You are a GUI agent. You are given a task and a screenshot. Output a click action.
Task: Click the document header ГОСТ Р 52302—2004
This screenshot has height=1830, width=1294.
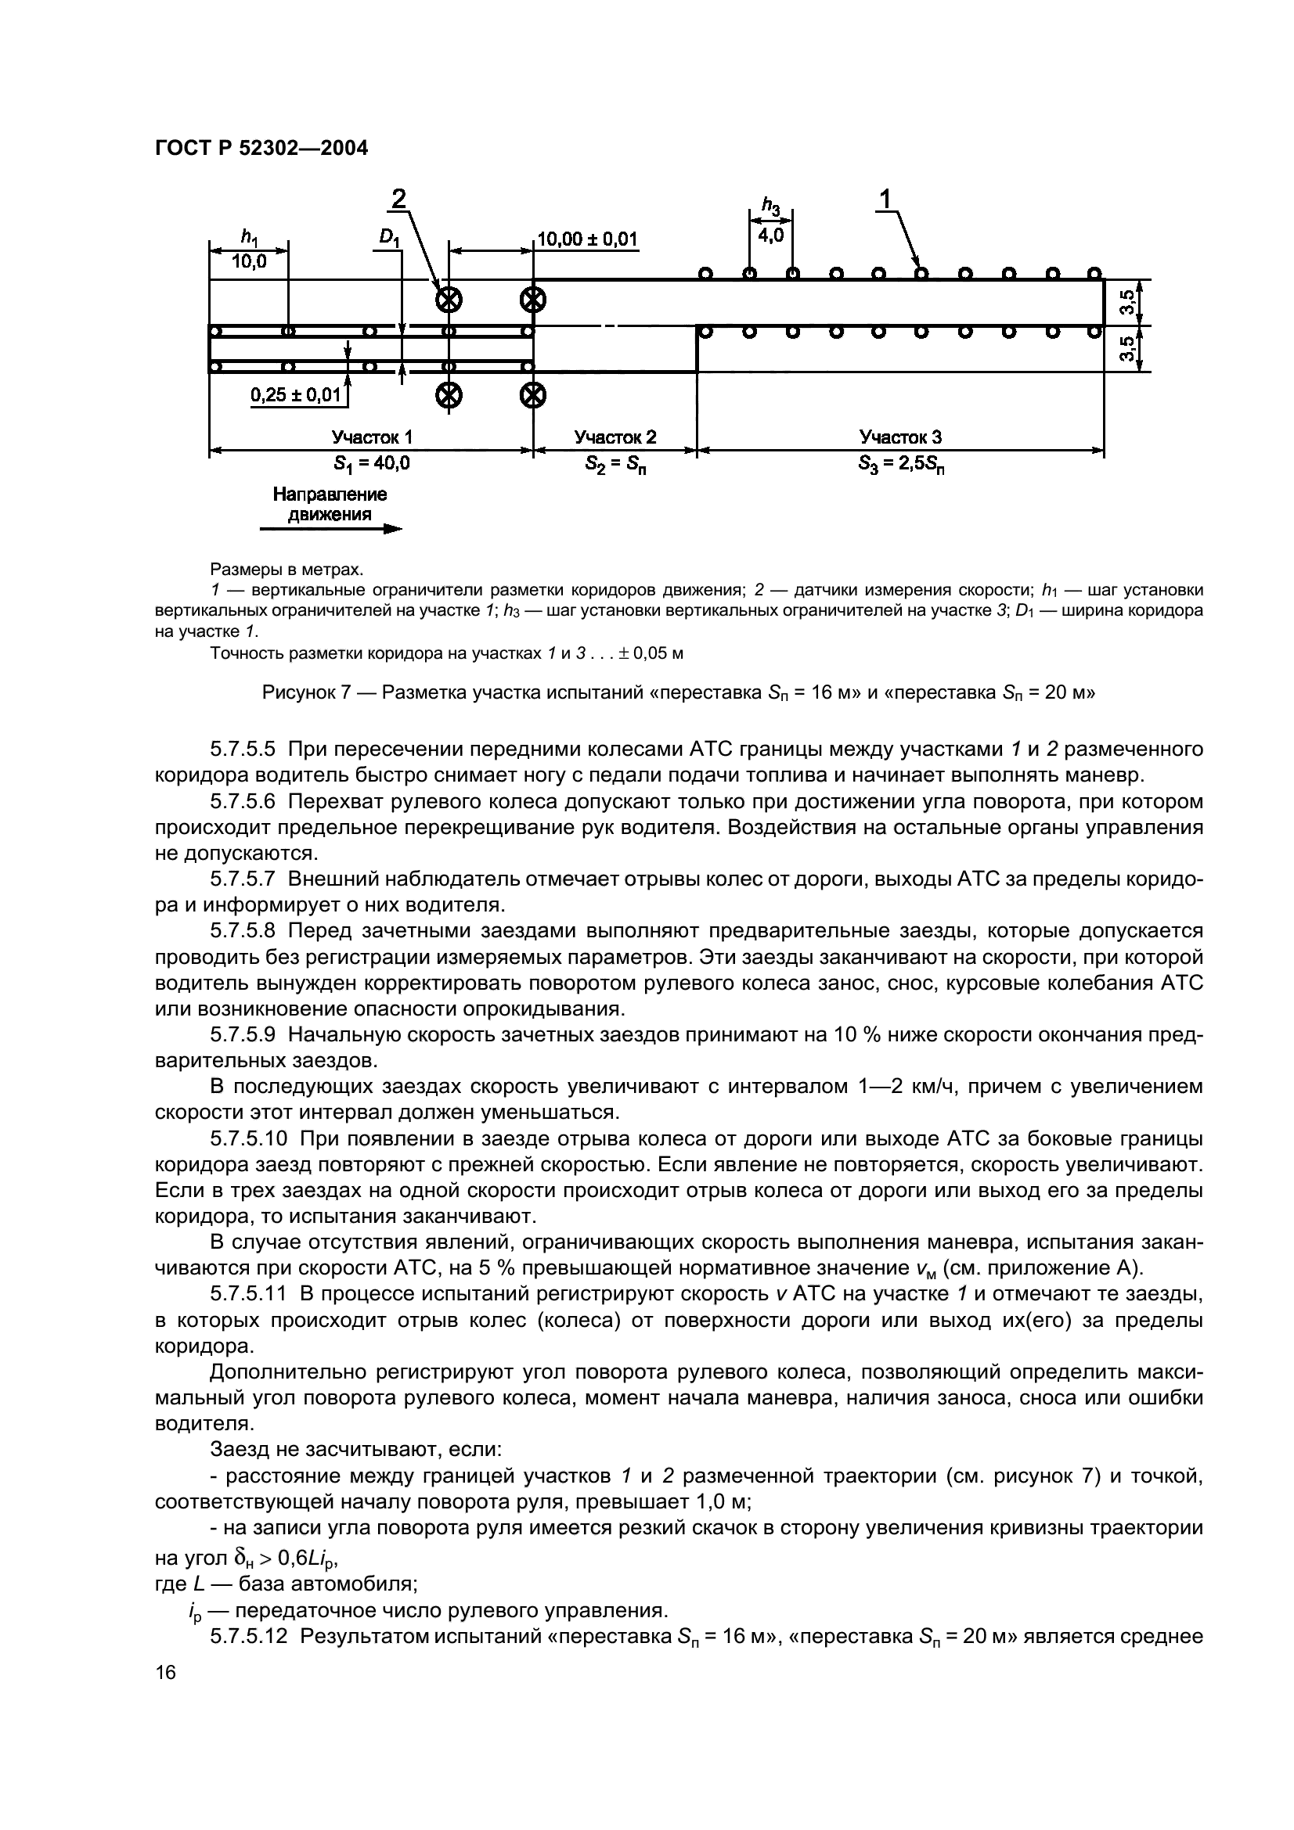tap(261, 148)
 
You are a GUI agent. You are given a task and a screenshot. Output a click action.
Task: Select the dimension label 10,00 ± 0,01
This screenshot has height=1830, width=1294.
tap(588, 240)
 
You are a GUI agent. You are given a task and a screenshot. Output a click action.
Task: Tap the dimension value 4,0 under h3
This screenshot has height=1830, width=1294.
tap(770, 236)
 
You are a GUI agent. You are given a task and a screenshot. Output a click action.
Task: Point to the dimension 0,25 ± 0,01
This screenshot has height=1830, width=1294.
tap(295, 394)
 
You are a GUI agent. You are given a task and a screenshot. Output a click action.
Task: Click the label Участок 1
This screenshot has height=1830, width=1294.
tap(372, 437)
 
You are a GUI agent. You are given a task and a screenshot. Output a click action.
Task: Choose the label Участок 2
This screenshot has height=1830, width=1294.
tap(615, 437)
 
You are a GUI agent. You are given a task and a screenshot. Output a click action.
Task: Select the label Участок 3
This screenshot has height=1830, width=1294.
tap(900, 437)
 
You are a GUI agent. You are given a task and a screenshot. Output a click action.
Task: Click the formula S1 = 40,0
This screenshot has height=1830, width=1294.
tap(372, 463)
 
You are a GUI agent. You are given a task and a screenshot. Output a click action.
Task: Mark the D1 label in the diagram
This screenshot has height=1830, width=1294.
tap(388, 238)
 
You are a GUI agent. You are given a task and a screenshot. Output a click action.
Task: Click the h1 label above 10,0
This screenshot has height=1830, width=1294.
tap(249, 237)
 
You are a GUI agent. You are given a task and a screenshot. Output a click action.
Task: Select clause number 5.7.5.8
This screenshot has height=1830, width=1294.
tap(243, 931)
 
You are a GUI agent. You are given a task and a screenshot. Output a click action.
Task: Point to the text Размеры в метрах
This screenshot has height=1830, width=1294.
tap(287, 569)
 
